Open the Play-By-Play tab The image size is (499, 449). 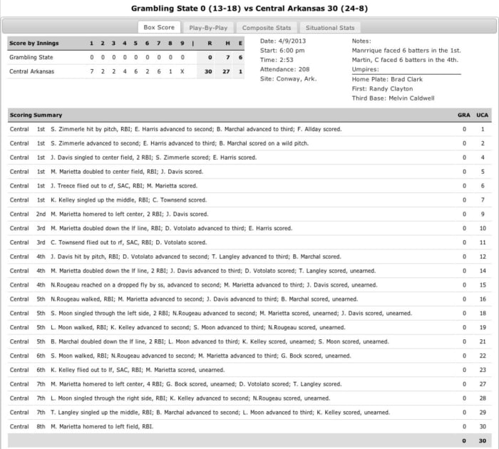[x=207, y=28]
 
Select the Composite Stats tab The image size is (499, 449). [x=265, y=28]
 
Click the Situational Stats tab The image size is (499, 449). [x=330, y=28]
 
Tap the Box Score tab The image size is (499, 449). [x=159, y=28]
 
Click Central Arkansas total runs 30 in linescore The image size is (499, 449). [x=208, y=71]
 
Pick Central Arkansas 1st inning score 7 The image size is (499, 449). [x=91, y=71]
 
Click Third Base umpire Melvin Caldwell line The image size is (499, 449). [x=393, y=98]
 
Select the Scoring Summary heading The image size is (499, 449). [x=36, y=115]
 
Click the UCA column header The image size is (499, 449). [x=483, y=115]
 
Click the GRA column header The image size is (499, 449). [x=464, y=115]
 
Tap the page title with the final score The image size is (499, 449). [x=249, y=9]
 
